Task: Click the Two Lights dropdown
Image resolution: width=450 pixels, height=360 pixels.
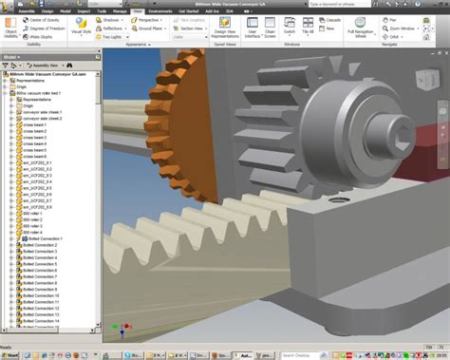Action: pyautogui.click(x=115, y=35)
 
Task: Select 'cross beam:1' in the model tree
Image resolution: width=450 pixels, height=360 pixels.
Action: pyautogui.click(x=37, y=125)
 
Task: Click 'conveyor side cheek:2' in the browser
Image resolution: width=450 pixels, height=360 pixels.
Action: pyautogui.click(x=47, y=119)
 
